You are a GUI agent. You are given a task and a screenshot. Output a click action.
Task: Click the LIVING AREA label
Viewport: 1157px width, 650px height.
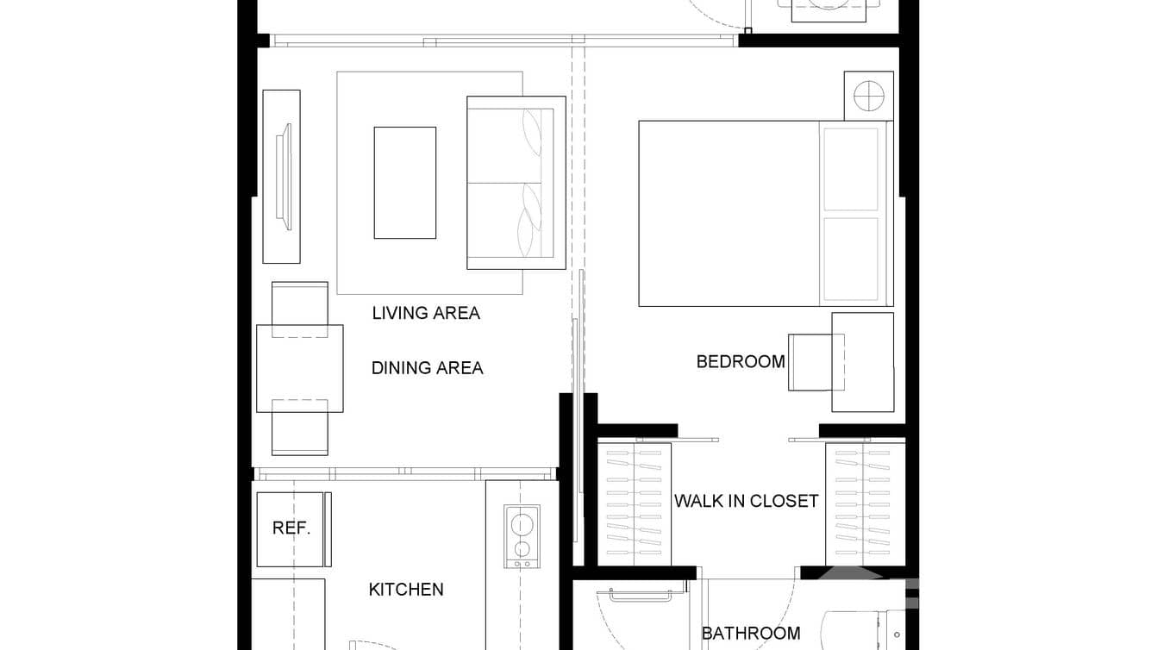(x=426, y=313)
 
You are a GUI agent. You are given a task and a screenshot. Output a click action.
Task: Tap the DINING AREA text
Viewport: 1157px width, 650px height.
(x=427, y=368)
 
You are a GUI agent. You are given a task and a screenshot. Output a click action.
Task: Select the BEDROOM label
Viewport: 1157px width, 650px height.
(x=741, y=362)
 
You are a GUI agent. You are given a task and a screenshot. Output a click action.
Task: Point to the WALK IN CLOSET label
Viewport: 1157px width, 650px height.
(x=746, y=501)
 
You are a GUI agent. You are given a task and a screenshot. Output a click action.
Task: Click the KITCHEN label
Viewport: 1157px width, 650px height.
(x=406, y=590)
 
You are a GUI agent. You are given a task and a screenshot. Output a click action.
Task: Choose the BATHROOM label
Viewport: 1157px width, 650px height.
(x=750, y=634)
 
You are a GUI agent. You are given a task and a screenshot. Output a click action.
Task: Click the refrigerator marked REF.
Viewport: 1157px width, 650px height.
(x=291, y=528)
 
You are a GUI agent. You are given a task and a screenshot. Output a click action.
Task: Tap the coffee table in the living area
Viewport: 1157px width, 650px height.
(x=404, y=183)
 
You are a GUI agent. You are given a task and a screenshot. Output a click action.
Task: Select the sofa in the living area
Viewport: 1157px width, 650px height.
(x=516, y=183)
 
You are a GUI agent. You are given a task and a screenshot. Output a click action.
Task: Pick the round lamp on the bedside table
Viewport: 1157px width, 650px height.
(x=868, y=95)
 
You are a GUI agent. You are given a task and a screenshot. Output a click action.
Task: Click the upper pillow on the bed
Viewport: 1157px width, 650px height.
(x=850, y=169)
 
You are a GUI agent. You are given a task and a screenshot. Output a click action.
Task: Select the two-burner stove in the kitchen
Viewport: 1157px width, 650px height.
(x=522, y=536)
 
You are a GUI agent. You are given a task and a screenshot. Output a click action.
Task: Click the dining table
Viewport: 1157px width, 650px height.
(x=299, y=368)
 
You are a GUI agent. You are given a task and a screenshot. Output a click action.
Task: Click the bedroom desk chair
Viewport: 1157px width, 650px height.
(x=812, y=362)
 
